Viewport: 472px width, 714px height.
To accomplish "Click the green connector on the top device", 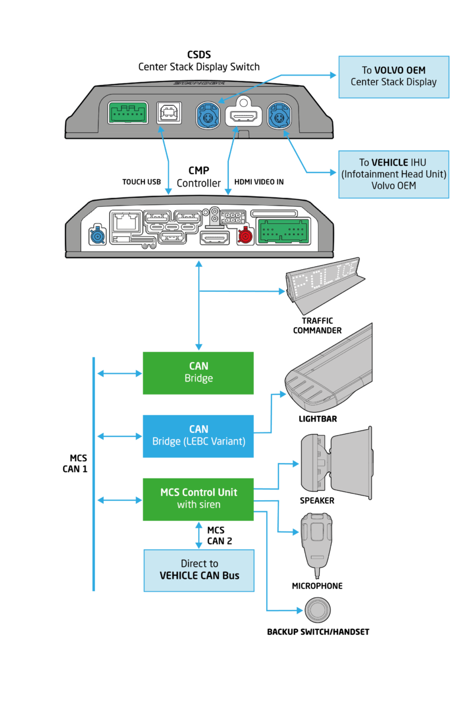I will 128,112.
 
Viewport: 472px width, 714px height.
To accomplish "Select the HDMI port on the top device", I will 242,116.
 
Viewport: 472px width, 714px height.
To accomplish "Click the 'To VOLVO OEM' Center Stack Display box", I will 394,77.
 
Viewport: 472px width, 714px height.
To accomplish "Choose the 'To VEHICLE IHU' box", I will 394,174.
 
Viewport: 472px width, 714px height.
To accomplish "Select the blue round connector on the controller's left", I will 97,237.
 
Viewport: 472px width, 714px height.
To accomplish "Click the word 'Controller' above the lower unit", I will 199,184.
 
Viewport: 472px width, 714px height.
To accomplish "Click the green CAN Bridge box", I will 198,373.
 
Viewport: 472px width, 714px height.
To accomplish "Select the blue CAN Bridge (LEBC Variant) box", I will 198,436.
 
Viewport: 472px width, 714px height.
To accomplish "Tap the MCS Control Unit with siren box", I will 198,499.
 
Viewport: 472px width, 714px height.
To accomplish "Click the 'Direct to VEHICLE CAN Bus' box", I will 199,570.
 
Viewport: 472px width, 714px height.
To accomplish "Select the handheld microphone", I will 318,537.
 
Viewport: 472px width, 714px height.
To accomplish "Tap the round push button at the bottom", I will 317,609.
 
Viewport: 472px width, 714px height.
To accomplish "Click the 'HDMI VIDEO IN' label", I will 259,182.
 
